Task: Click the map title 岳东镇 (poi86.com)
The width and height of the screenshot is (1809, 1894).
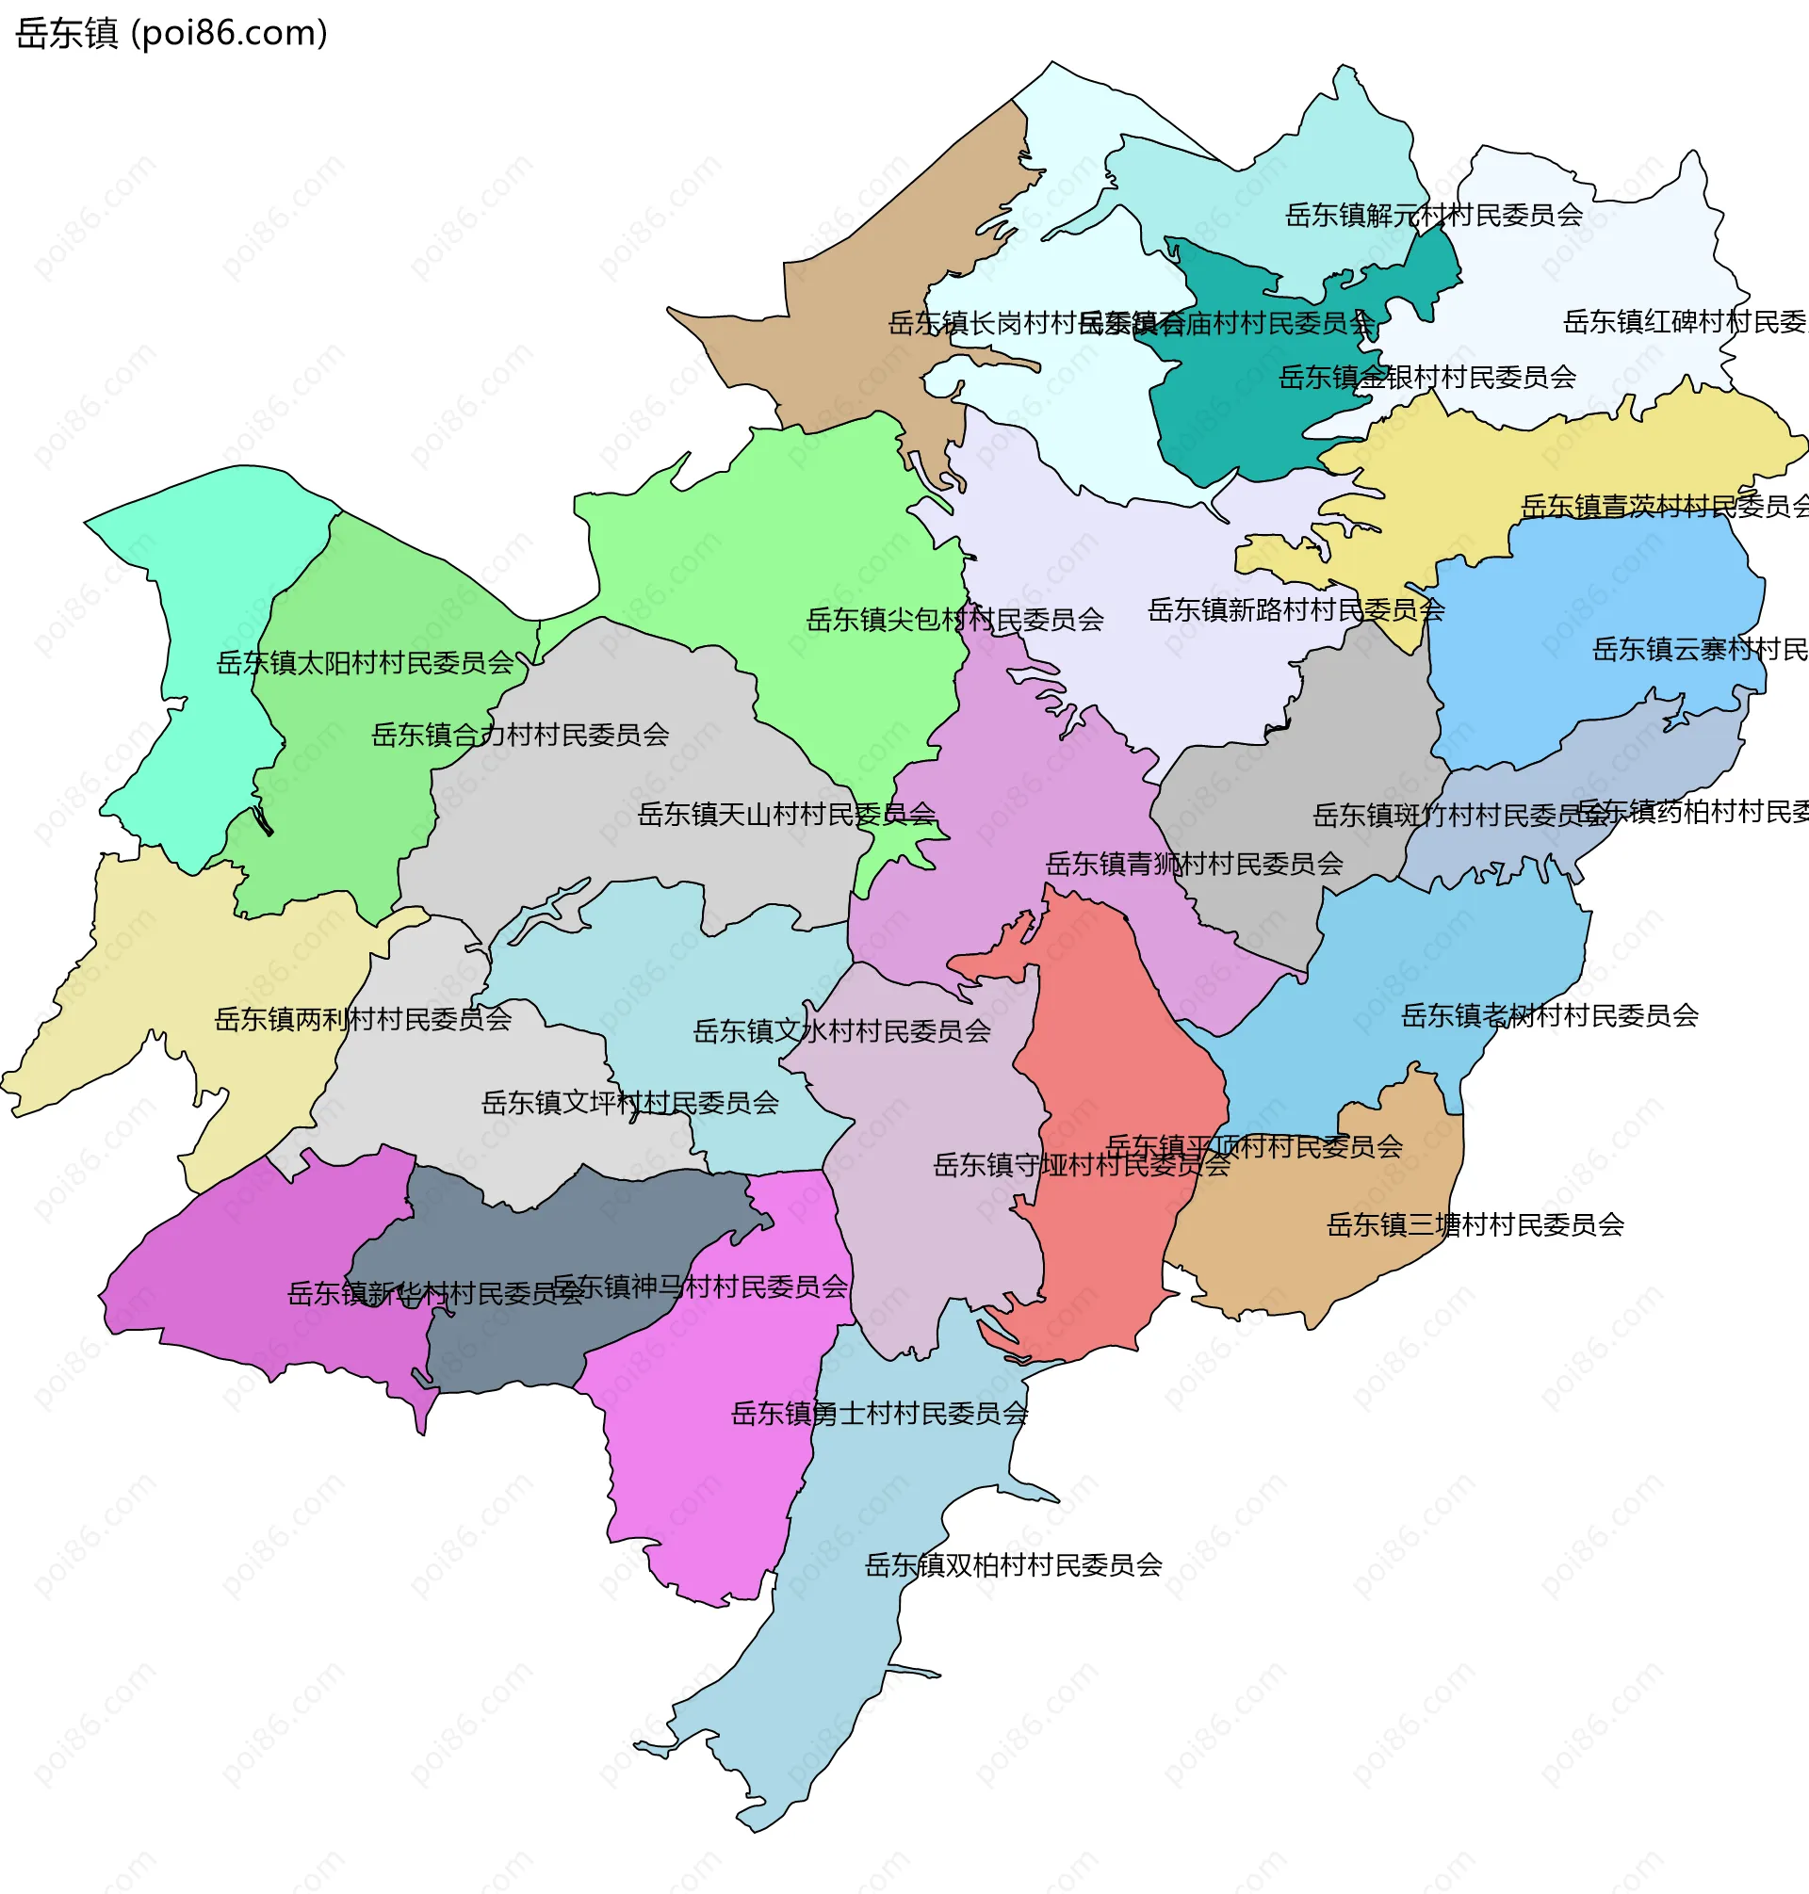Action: click(171, 34)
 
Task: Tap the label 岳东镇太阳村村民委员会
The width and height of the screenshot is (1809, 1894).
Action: click(365, 663)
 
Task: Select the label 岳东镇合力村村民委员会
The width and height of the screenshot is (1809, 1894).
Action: click(520, 736)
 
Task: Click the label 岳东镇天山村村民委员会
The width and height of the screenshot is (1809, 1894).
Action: click(786, 816)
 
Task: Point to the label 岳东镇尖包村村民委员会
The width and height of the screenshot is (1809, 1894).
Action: click(954, 620)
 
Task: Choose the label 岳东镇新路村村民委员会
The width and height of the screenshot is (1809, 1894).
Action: click(1296, 610)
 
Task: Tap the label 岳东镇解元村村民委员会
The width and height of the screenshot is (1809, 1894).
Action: click(1434, 215)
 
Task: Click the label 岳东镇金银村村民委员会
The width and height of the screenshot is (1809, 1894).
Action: click(1427, 377)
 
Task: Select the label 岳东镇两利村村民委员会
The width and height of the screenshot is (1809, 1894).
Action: click(363, 1020)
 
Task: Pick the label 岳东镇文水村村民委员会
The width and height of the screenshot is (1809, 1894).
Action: click(841, 1032)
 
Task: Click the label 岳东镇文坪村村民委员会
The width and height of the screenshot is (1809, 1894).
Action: click(629, 1103)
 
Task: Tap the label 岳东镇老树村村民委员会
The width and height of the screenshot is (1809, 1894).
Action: click(1550, 1016)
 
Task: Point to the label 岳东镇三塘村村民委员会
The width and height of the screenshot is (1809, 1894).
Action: click(1475, 1225)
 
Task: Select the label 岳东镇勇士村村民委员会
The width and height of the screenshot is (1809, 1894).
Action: click(879, 1414)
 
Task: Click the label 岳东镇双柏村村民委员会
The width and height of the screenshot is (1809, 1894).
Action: click(1014, 1565)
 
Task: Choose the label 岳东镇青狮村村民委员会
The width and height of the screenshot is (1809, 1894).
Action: click(1195, 865)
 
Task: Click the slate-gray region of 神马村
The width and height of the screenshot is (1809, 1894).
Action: click(540, 1340)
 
